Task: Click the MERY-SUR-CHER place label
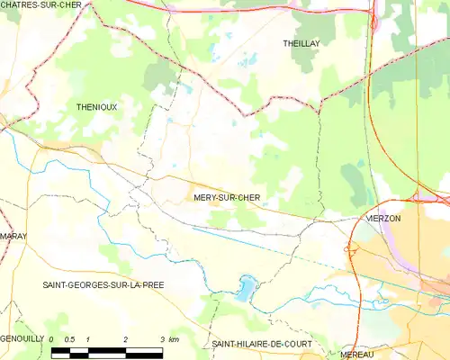226,197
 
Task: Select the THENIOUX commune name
96,106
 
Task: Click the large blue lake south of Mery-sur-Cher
245,289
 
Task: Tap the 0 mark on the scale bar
52,338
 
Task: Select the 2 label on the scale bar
125,338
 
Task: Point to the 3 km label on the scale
168,338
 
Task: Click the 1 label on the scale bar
88,338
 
